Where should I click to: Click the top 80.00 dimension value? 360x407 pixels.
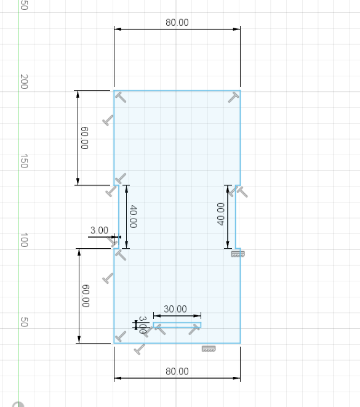pyautogui.click(x=177, y=23)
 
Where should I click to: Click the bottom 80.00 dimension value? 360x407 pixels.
pyautogui.click(x=177, y=371)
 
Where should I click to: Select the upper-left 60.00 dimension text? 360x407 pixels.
pyautogui.click(x=84, y=138)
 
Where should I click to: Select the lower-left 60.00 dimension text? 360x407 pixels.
pyautogui.click(x=86, y=296)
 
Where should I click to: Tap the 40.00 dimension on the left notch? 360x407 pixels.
pyautogui.click(x=133, y=216)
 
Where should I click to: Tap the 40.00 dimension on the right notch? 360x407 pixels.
pyautogui.click(x=220, y=214)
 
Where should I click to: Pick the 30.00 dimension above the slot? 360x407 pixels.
pyautogui.click(x=175, y=309)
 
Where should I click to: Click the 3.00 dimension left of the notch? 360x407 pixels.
pyautogui.click(x=99, y=230)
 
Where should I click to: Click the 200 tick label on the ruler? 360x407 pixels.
pyautogui.click(x=24, y=81)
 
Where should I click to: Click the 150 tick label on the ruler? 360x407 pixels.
pyautogui.click(x=24, y=161)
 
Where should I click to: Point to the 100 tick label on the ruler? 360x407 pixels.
pyautogui.click(x=24, y=240)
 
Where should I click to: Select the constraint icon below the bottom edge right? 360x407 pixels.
pyautogui.click(x=209, y=349)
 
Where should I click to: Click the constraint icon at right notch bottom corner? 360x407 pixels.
pyautogui.click(x=238, y=254)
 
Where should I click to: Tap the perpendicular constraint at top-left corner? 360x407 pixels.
pyautogui.click(x=121, y=97)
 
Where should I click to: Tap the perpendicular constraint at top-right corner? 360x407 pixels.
pyautogui.click(x=233, y=97)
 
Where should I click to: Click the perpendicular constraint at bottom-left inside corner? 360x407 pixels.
pyautogui.click(x=121, y=336)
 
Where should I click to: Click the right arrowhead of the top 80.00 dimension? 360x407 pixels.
pyautogui.click(x=237, y=29)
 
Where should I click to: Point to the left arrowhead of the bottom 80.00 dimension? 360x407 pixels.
pyautogui.click(x=118, y=378)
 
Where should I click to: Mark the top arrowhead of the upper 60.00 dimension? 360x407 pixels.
pyautogui.click(x=78, y=94)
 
